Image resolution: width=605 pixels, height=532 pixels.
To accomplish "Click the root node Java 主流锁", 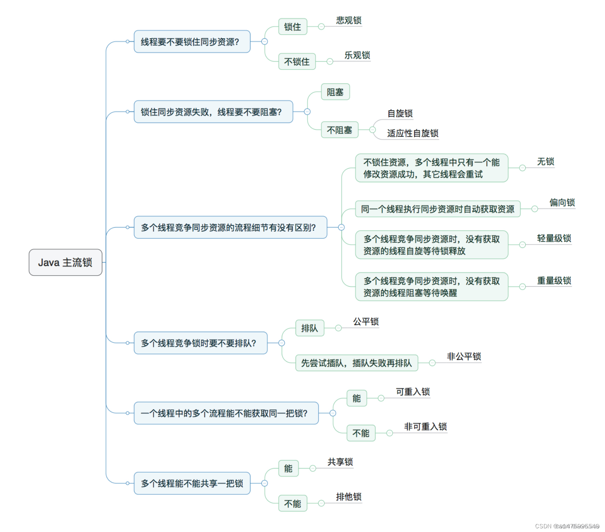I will [65, 262].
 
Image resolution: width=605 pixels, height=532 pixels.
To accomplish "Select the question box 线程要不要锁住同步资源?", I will [192, 42].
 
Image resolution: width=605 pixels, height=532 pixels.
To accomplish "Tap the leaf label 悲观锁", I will [348, 20].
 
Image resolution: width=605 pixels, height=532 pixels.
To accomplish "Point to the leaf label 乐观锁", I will [357, 55].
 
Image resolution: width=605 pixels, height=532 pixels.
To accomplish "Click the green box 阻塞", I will [335, 92].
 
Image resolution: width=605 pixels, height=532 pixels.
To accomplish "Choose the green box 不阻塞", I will [339, 130].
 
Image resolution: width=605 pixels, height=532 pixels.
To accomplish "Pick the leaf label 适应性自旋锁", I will [413, 133].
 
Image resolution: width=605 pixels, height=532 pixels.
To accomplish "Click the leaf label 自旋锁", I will [400, 113].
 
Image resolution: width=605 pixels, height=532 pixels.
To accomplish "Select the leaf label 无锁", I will [545, 161].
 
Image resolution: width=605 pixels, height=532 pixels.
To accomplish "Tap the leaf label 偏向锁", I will [562, 202].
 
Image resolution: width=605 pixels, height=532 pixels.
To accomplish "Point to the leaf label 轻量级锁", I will [554, 238].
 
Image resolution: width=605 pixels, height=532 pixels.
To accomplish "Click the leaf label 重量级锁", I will [554, 281].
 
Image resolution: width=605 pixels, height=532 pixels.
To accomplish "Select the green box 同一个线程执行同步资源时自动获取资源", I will [437, 209].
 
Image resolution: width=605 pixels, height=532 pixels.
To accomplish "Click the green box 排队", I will [310, 328].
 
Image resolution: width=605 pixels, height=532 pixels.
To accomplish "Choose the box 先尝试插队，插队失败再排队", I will [356, 363].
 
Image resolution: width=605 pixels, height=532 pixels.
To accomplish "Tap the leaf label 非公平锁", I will [464, 357].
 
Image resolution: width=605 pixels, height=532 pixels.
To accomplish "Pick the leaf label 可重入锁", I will [413, 392].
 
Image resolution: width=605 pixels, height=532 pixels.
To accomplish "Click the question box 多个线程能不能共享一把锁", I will [192, 483].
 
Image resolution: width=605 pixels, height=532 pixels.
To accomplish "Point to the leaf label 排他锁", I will [348, 497].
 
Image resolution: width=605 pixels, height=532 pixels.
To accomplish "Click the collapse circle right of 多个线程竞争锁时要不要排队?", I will [281, 343].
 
